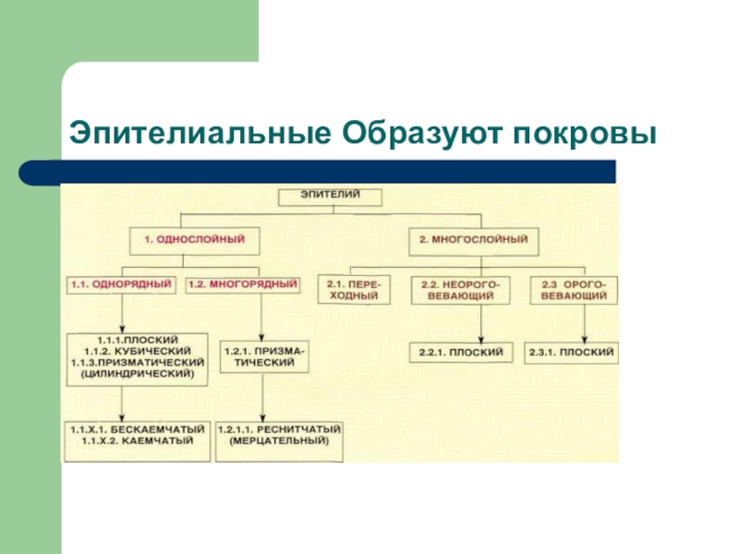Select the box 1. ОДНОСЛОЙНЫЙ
point(194,239)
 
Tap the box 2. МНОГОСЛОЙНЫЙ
point(473,239)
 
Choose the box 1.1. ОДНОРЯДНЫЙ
point(121,284)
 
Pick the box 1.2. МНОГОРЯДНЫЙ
point(243,284)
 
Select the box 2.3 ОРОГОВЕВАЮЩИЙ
point(574,291)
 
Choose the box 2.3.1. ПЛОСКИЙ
point(572,353)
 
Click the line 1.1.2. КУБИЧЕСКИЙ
point(138,352)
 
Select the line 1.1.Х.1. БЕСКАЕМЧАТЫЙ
point(138,430)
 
